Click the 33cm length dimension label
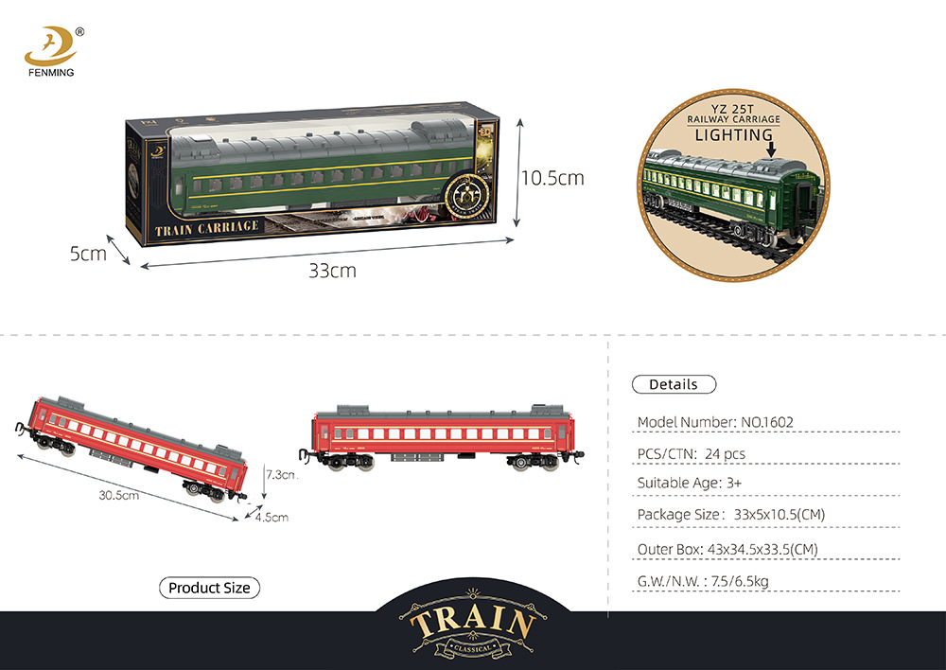(332, 271)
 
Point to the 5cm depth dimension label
(87, 253)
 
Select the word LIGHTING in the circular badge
(734, 135)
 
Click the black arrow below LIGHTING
(772, 148)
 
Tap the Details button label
(674, 384)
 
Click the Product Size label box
(209, 588)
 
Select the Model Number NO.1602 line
(714, 422)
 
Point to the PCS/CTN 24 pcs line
(692, 454)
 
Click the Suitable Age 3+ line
(689, 484)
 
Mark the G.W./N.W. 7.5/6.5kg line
(703, 581)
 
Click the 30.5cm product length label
(119, 494)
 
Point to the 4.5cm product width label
(271, 517)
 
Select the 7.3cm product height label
(281, 474)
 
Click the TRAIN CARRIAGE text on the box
(206, 229)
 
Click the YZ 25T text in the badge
(734, 108)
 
